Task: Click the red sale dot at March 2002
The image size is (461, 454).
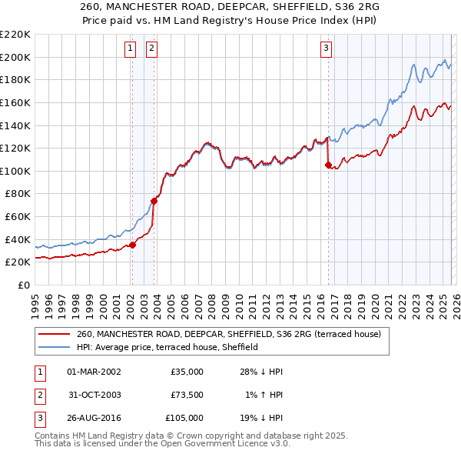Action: (132, 245)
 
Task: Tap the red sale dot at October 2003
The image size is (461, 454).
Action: (154, 201)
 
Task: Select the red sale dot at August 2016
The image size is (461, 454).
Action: (328, 165)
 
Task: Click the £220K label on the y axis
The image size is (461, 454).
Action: (15, 35)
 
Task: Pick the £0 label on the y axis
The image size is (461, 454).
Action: (24, 285)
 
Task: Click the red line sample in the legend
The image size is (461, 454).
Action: (54, 334)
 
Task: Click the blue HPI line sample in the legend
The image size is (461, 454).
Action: (54, 347)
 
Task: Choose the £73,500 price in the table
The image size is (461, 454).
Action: (187, 395)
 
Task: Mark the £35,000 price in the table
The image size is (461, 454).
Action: (187, 372)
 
